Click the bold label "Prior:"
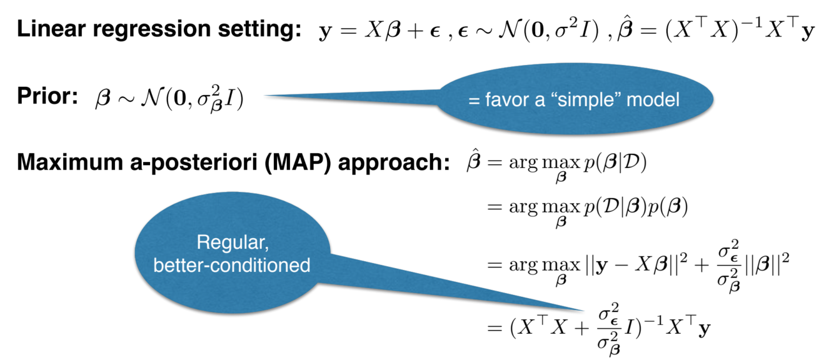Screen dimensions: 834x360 tap(47, 98)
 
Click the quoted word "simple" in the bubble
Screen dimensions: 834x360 tap(600, 99)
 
